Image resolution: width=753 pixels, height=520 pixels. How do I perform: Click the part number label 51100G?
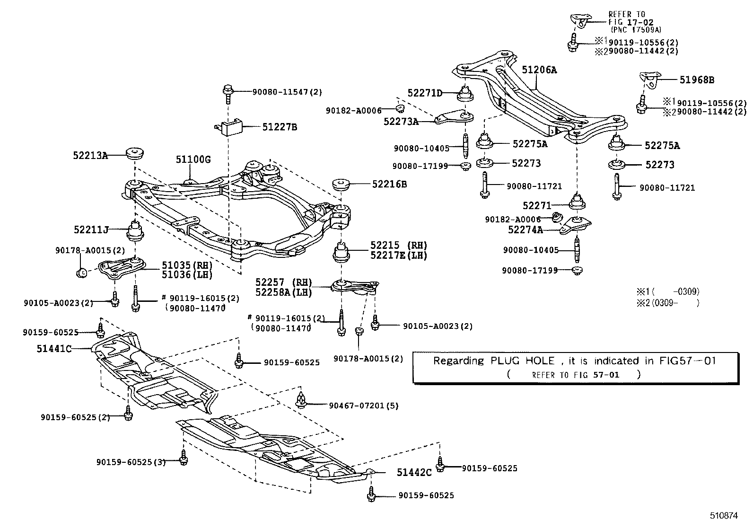193,159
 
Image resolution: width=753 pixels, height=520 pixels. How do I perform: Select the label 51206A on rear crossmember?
539,70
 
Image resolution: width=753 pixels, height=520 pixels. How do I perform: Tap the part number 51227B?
280,127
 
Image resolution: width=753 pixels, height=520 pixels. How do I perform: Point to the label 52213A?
90,155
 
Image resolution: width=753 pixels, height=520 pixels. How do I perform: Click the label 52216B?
389,184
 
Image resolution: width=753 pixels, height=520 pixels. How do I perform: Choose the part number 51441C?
54,349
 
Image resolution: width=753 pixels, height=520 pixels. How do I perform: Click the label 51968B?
697,80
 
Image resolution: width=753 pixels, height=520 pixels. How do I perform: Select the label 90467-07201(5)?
364,405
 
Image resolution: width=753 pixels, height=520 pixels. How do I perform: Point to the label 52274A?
525,230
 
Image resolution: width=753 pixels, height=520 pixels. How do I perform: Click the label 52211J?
91,229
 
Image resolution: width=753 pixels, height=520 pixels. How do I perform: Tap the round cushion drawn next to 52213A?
135,154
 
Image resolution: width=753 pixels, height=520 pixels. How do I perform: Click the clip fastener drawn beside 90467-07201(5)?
300,400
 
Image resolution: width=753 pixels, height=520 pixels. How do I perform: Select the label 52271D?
425,93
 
